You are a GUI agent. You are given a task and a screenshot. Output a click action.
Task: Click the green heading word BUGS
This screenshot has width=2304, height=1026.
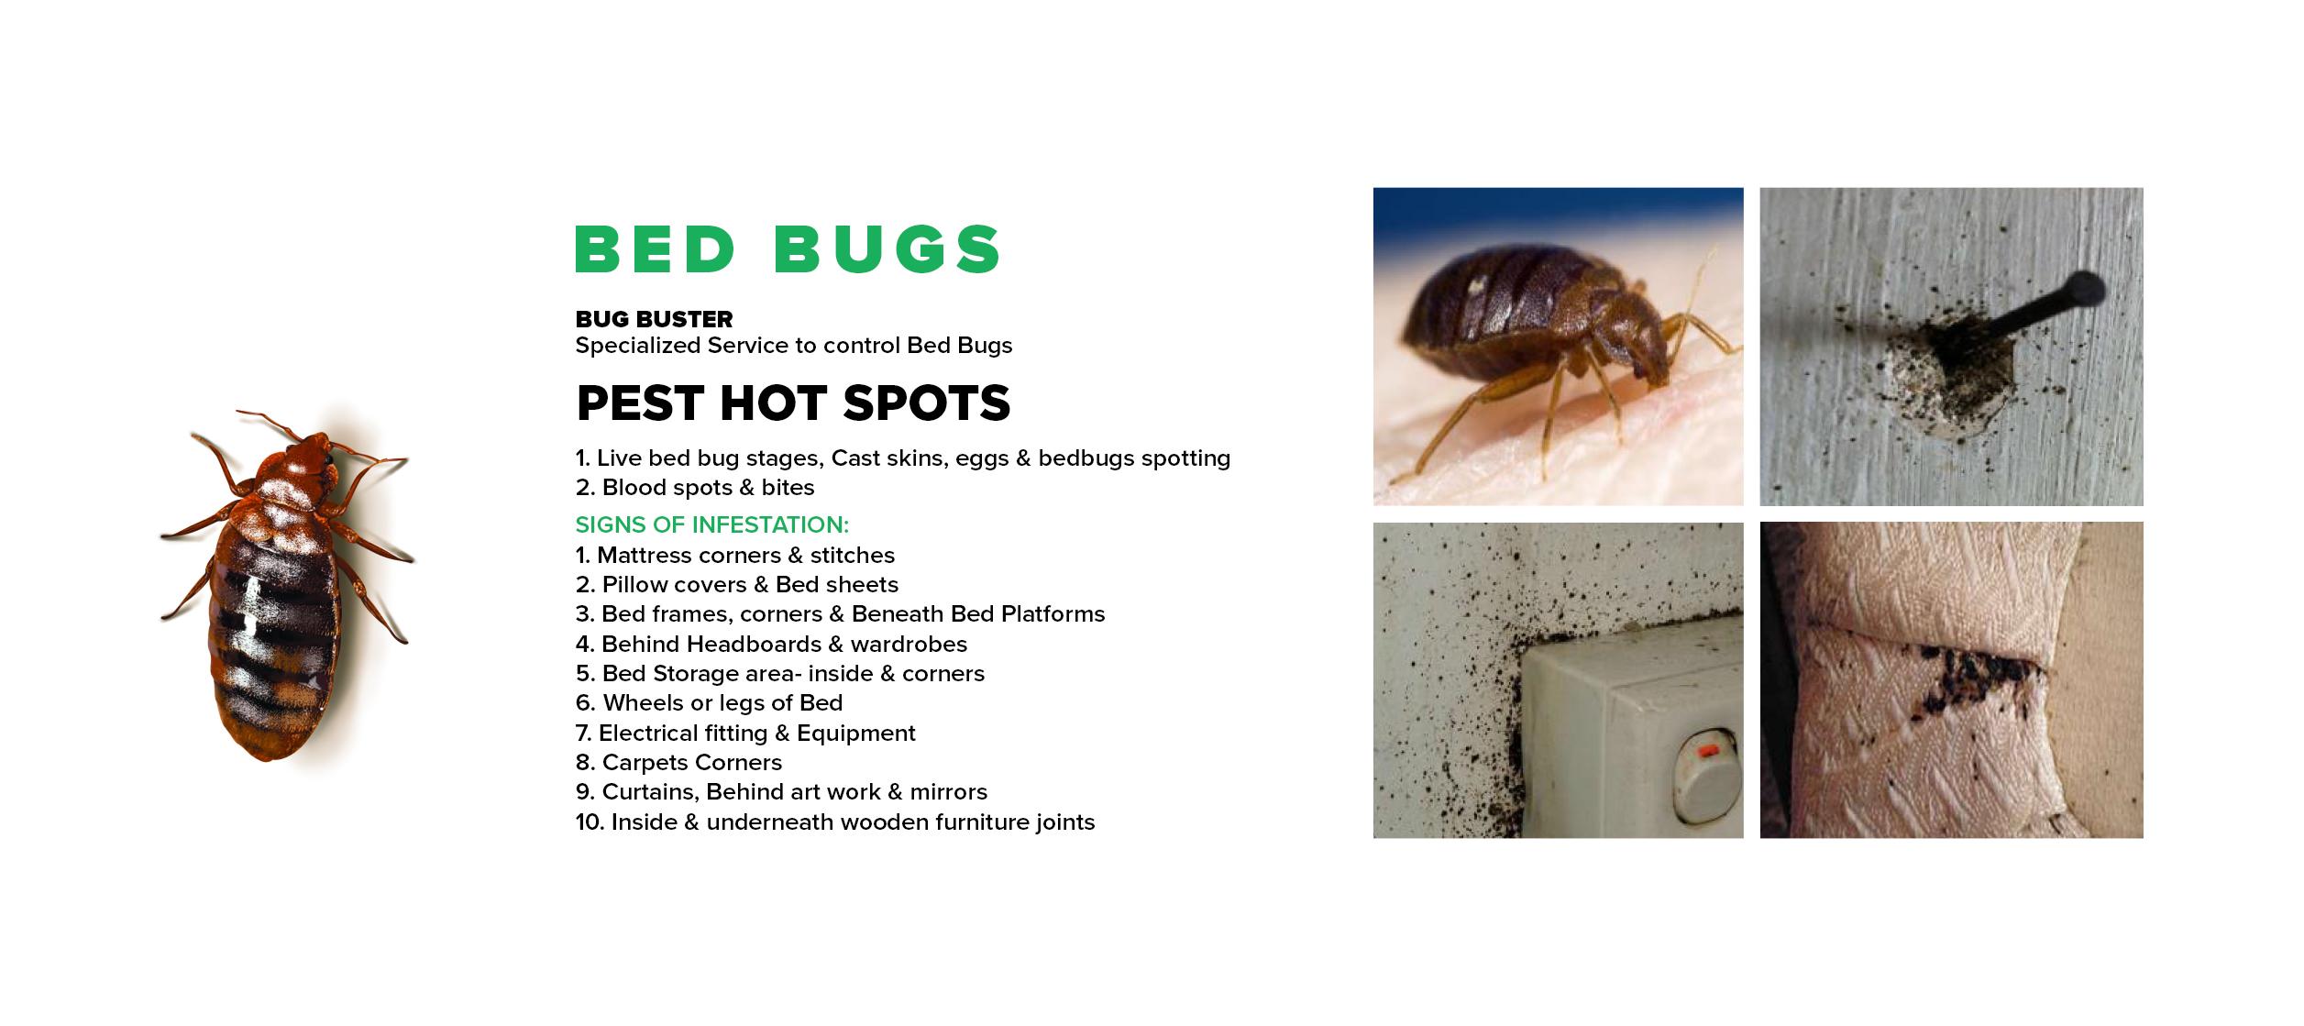tap(887, 249)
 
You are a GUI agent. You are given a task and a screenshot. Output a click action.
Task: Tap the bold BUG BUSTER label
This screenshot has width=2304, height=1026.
tap(654, 319)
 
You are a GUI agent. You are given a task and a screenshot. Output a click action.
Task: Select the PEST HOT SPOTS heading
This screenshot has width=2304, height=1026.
tap(793, 403)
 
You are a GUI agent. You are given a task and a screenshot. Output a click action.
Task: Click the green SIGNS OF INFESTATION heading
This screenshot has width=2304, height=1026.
tap(712, 524)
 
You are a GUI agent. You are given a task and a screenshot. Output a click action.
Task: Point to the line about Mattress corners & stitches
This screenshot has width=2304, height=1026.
tap(735, 555)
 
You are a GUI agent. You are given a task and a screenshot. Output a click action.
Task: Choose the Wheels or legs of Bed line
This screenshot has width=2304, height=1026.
tap(709, 702)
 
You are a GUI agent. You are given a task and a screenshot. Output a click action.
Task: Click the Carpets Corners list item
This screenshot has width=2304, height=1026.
tap(678, 762)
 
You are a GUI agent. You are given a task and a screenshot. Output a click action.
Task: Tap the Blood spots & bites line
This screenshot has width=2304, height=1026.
tap(695, 487)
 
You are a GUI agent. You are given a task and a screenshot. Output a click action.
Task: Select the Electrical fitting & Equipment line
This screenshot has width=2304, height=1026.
tap(745, 733)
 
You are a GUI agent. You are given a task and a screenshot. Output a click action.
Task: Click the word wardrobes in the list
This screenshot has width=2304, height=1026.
tap(909, 644)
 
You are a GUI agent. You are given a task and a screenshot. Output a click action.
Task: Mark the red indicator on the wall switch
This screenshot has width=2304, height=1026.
tap(1709, 751)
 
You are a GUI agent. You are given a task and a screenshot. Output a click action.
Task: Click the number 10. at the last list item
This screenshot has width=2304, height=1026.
tap(590, 822)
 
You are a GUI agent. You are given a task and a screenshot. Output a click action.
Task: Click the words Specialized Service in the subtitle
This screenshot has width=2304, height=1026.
tap(681, 345)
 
